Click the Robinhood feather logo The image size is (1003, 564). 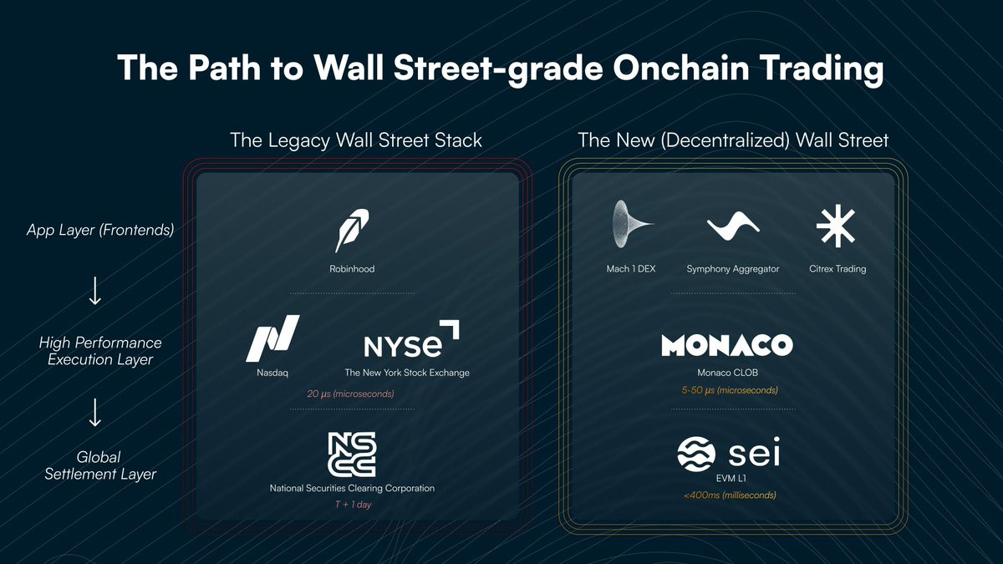click(x=352, y=231)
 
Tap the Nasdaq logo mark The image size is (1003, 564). click(x=272, y=338)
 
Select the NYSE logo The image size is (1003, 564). click(x=411, y=339)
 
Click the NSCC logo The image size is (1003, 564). click(x=352, y=455)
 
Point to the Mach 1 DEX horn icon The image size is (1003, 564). click(x=631, y=224)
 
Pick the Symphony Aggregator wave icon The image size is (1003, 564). click(x=733, y=226)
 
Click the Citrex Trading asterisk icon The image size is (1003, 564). click(x=836, y=226)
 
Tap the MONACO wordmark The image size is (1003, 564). click(x=727, y=344)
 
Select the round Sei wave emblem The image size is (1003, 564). click(x=696, y=454)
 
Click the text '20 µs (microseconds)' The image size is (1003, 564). click(x=350, y=394)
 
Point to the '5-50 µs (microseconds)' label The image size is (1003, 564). click(x=730, y=390)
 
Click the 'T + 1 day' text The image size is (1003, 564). click(x=353, y=505)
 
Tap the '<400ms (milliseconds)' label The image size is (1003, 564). click(x=730, y=495)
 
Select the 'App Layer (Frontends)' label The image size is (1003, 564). click(x=100, y=230)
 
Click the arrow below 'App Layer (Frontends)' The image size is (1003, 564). click(x=95, y=291)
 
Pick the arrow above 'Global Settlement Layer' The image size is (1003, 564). click(x=95, y=412)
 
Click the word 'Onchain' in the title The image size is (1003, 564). click(x=681, y=68)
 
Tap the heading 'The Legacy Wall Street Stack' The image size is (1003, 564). click(x=356, y=140)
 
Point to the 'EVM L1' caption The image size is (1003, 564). click(x=731, y=479)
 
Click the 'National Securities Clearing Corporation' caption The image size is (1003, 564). click(x=352, y=488)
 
